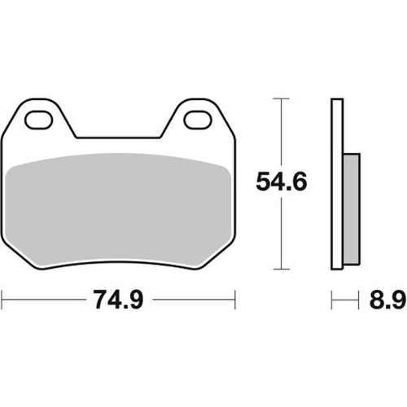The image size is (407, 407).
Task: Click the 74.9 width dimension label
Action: [118, 300]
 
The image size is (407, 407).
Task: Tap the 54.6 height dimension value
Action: [282, 182]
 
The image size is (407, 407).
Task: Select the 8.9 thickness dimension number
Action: [387, 300]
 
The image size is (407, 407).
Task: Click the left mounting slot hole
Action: [38, 120]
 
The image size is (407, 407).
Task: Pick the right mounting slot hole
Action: [198, 120]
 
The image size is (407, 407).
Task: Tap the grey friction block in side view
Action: [352, 209]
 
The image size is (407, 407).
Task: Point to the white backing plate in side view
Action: [337, 184]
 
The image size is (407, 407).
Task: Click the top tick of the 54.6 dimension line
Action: [281, 98]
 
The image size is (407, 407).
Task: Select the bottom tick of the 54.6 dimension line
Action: [282, 269]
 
